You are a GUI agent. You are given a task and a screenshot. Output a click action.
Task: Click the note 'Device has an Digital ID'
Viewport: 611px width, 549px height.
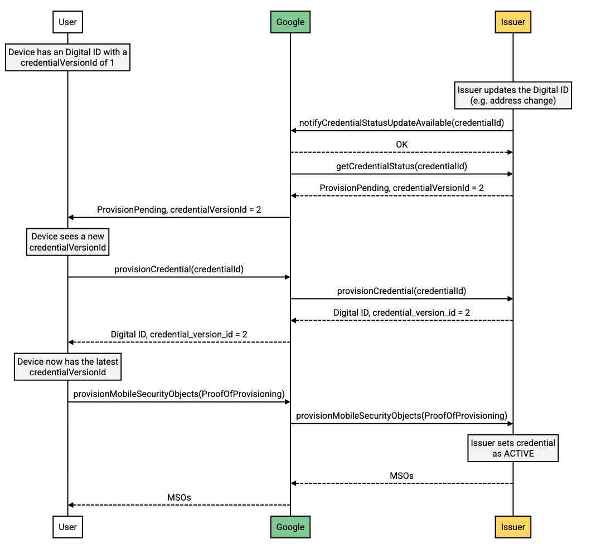[67, 57]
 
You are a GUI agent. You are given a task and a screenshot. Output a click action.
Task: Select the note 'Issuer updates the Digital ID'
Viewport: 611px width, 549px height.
[513, 95]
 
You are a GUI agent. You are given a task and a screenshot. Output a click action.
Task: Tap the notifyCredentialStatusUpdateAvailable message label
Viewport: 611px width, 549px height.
[401, 122]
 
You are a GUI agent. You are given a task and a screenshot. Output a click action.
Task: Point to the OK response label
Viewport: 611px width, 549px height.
[401, 144]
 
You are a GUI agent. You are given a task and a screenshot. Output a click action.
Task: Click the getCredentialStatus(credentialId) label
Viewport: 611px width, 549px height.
[401, 166]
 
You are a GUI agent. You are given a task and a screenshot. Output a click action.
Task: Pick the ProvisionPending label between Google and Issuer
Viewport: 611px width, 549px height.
[401, 188]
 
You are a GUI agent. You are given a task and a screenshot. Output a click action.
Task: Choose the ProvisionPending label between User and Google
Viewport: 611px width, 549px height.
[179, 209]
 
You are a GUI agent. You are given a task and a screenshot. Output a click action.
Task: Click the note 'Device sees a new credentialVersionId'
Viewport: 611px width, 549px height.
[67, 242]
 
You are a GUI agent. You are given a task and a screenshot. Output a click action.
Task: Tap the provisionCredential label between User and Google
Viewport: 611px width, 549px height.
[179, 269]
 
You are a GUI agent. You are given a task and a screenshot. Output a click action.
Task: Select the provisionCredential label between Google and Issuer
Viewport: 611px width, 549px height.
[401, 291]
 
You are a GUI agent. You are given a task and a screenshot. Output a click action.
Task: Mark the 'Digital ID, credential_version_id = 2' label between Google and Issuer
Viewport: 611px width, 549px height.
[401, 312]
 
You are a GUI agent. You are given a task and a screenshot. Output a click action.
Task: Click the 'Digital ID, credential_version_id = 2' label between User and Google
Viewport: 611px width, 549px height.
[179, 334]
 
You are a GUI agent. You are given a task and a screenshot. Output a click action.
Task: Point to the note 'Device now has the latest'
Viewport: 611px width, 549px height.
[67, 366]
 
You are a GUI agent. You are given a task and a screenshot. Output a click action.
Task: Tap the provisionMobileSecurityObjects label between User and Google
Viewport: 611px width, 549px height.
[179, 394]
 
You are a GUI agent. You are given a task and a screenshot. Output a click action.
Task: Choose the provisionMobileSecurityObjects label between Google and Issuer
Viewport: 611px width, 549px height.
[401, 415]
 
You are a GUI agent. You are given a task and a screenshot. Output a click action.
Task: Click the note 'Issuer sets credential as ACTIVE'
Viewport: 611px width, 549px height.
[513, 448]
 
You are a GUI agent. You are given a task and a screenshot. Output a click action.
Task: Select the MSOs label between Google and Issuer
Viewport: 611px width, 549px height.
[401, 476]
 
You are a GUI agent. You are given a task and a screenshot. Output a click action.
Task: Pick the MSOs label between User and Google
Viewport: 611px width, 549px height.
[179, 497]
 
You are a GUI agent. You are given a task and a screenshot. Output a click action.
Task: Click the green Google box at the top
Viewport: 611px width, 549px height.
[290, 22]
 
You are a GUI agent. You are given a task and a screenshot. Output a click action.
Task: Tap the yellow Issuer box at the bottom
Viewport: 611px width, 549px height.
[513, 527]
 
